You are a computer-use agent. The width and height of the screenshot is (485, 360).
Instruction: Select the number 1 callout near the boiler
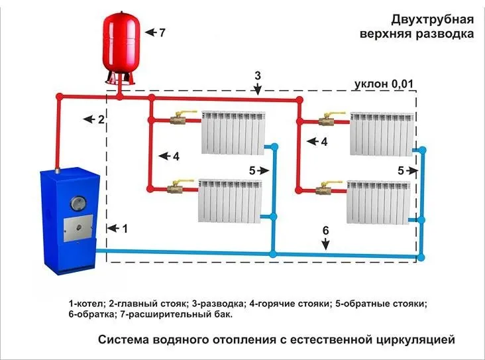[125, 228]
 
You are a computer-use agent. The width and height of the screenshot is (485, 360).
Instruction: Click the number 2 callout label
[101, 120]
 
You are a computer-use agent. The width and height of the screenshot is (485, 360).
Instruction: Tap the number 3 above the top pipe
[258, 75]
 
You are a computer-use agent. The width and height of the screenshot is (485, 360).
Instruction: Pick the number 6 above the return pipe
[325, 230]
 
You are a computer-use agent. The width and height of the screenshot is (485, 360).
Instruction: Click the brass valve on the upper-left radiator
[178, 120]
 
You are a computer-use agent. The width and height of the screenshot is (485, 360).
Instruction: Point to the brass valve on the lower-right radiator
[325, 190]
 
